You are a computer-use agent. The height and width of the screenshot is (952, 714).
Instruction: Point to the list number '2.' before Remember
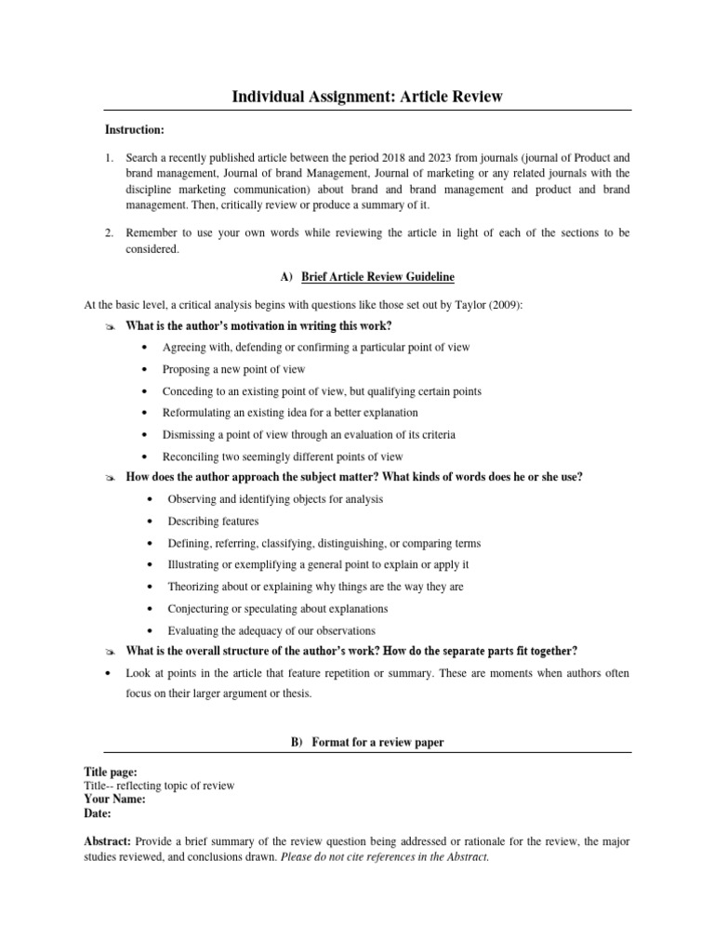(x=110, y=231)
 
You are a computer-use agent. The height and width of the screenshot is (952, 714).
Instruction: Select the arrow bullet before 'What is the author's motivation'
(x=109, y=325)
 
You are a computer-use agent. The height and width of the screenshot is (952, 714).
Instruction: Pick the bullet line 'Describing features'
(x=213, y=521)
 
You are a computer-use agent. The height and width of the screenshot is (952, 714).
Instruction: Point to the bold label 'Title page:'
(x=111, y=772)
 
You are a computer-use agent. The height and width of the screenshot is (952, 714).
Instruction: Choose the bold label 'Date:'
(x=98, y=813)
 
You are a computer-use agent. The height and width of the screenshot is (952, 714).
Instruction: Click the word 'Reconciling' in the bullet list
(x=192, y=456)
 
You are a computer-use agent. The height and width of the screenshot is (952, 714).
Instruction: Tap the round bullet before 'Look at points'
(x=109, y=673)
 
